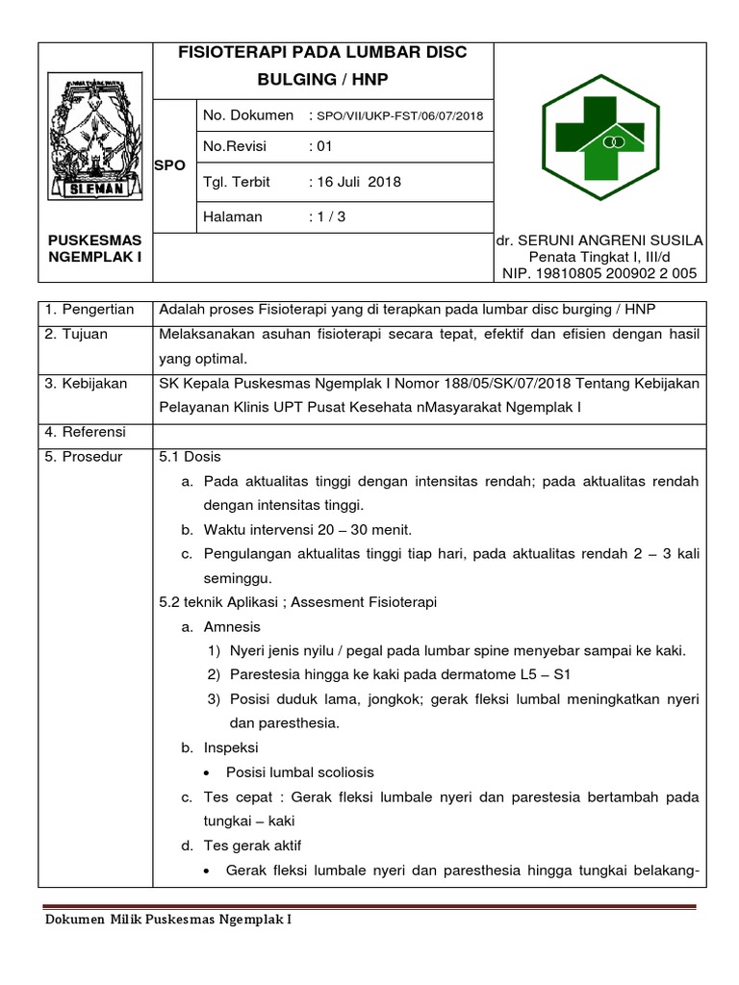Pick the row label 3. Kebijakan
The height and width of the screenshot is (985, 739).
86,384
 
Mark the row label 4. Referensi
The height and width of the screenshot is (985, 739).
85,432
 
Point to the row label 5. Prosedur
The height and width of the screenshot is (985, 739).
84,457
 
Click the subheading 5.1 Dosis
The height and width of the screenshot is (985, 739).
190,457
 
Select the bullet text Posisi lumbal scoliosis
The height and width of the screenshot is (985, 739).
299,772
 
